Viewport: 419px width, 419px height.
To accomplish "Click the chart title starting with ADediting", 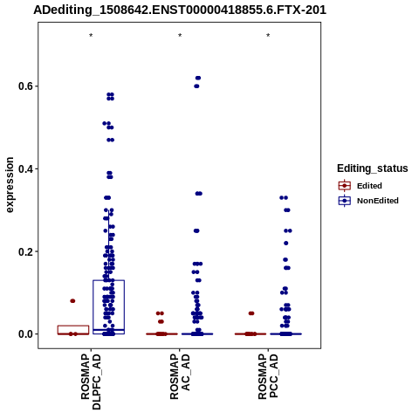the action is (180, 10).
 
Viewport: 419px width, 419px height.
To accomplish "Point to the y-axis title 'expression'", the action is (10, 185).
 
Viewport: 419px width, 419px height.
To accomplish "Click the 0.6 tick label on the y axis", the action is (25, 86).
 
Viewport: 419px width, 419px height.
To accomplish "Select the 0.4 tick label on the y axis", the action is (25, 168).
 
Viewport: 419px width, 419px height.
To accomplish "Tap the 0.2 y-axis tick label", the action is (25, 251).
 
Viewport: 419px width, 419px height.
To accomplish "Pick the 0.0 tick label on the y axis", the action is (25, 334).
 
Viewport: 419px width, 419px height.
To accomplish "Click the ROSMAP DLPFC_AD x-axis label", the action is (91, 381).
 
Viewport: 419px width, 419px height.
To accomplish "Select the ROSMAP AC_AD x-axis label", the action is (180, 377).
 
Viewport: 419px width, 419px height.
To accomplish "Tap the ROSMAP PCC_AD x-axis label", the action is (268, 377).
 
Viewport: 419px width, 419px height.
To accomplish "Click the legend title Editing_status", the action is (373, 168).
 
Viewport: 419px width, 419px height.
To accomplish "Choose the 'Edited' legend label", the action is (369, 186).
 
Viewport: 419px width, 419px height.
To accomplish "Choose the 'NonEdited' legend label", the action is (378, 201).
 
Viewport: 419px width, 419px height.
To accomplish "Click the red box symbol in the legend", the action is (345, 186).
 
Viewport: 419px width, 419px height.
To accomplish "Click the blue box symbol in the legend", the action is (345, 201).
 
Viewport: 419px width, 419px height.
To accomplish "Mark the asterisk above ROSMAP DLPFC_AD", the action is (91, 36).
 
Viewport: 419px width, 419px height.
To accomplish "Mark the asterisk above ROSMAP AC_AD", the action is (180, 36).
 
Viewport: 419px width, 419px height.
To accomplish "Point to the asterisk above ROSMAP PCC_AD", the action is (268, 36).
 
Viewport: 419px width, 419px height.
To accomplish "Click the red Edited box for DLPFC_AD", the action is (73, 326).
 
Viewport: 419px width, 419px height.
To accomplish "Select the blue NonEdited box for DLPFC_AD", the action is (93, 307).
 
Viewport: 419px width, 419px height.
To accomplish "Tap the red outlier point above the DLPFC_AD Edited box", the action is (72, 301).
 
